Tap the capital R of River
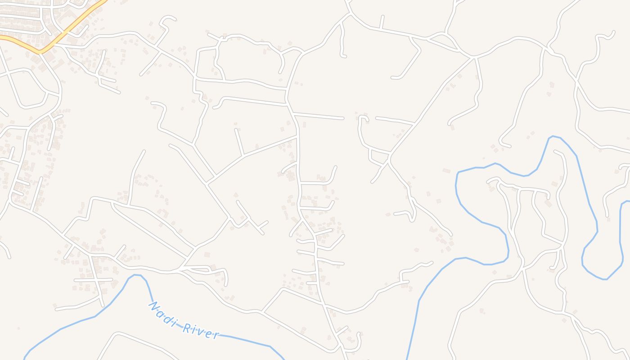coord(186,327)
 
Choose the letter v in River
coord(200,331)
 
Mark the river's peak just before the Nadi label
coord(136,275)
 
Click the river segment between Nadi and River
coord(179,323)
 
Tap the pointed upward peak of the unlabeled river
coord(553,136)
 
